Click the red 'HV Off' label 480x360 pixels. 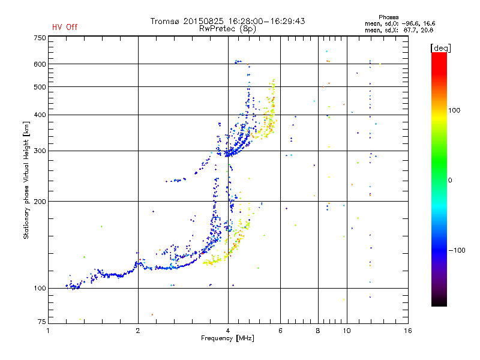(x=65, y=27)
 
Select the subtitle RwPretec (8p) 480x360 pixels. (x=227, y=29)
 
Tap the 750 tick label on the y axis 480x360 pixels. (x=40, y=38)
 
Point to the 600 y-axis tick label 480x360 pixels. (x=40, y=64)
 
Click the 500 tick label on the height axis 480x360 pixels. (x=40, y=87)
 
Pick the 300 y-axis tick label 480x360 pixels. (x=40, y=151)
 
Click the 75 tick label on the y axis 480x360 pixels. (x=41, y=322)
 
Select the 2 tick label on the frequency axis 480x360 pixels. (x=138, y=331)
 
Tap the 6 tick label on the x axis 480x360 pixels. (x=280, y=331)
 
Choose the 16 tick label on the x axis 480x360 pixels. (x=408, y=331)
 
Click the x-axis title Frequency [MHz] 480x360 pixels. (x=227, y=338)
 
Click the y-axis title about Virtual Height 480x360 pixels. (x=26, y=180)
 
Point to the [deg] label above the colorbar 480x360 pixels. (x=440, y=48)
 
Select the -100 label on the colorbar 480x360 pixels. (x=457, y=250)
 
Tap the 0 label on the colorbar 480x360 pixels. (x=450, y=180)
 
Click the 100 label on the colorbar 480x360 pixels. (x=454, y=110)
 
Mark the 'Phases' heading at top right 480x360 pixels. (x=388, y=17)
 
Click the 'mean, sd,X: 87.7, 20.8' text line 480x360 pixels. (x=399, y=30)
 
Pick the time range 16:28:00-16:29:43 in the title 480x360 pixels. (x=266, y=21)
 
